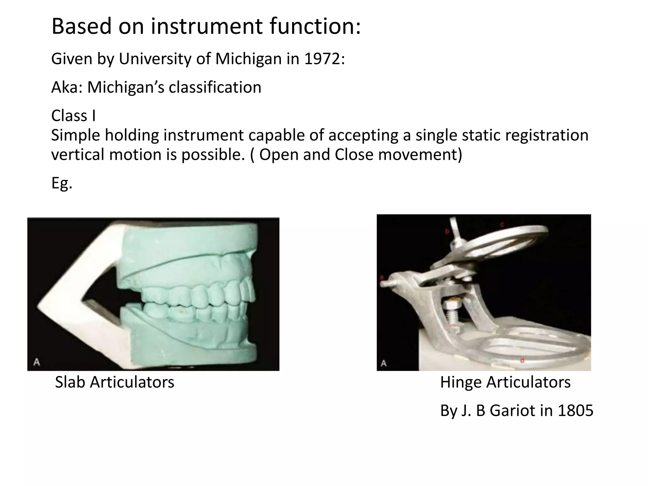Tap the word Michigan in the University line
[248, 59]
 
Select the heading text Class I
[73, 116]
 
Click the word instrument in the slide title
[206, 26]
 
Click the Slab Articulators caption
[115, 382]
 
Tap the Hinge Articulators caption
[505, 382]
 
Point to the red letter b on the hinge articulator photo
[447, 232]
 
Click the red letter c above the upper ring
[502, 225]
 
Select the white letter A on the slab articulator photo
[37, 362]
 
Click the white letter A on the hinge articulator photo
[383, 363]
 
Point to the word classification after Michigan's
[215, 88]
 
